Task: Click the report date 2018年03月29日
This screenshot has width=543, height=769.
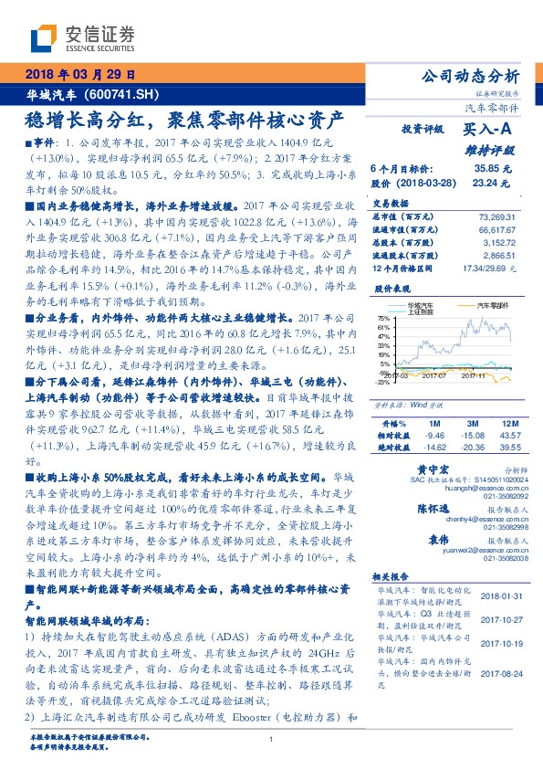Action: click(81, 74)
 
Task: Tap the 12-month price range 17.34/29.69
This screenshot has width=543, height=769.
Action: click(491, 271)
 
